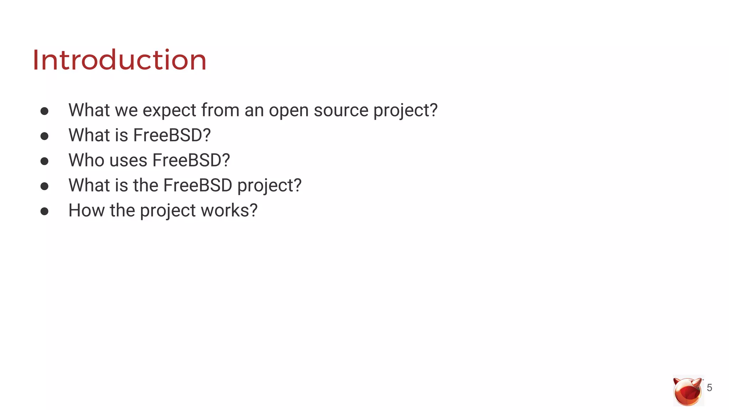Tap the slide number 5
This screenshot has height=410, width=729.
click(x=709, y=388)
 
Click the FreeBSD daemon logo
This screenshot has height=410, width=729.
click(x=687, y=391)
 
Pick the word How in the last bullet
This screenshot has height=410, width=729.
click(x=86, y=210)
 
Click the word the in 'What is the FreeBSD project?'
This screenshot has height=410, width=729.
click(x=146, y=185)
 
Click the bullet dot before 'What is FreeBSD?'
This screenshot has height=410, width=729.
click(x=44, y=136)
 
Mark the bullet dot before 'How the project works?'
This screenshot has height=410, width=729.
click(x=44, y=211)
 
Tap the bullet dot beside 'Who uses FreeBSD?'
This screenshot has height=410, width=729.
click(x=44, y=161)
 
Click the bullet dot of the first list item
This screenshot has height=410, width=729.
click(x=44, y=111)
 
